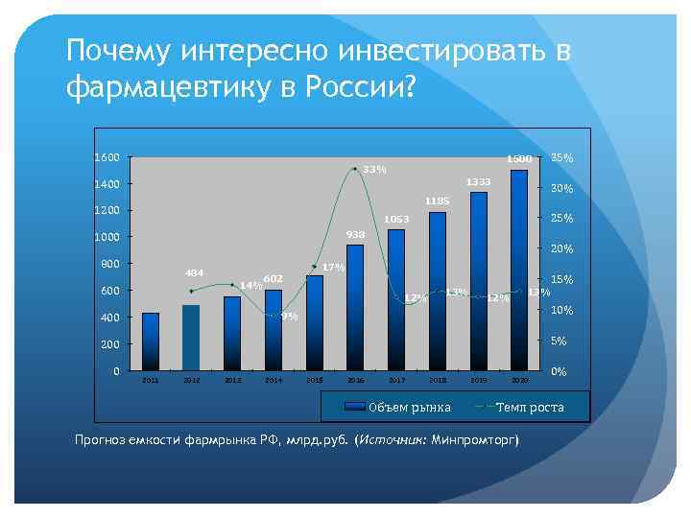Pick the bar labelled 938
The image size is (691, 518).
355,307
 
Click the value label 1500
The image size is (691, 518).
518,158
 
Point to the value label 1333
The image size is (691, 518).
478,181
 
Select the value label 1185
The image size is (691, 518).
437,200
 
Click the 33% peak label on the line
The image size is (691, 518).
374,170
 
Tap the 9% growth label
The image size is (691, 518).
290,317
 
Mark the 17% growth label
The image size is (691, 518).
333,267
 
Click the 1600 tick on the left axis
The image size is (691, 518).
107,157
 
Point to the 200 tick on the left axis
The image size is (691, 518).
110,344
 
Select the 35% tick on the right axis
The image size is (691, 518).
562,157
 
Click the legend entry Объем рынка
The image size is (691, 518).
409,408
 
